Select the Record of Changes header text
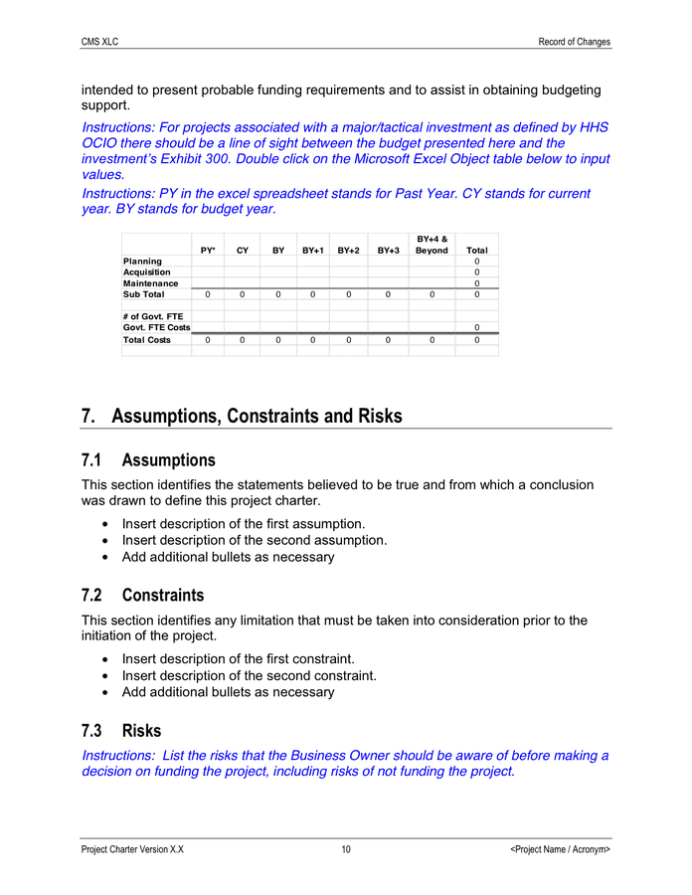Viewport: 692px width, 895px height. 574,42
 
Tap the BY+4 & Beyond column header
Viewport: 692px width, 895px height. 432,245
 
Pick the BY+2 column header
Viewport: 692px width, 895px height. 348,251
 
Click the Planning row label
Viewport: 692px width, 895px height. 142,262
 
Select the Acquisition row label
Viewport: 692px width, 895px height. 146,272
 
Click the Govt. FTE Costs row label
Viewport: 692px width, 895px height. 156,327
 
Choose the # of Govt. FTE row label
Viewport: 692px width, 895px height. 152,316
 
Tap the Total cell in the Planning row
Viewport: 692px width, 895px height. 477,262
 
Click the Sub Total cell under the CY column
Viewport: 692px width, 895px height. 242,294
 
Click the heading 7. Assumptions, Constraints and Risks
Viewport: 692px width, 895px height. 242,416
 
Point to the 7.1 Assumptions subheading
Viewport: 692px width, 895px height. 148,460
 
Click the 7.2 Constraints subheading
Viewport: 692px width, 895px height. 143,596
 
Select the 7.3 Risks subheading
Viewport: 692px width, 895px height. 121,731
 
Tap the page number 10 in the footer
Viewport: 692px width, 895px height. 345,850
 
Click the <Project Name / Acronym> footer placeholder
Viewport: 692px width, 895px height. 560,850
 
